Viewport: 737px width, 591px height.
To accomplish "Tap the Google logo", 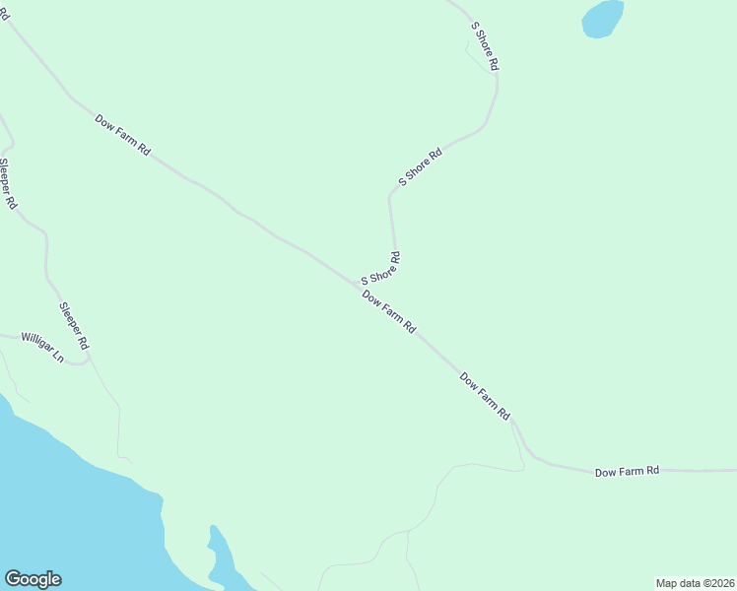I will point(33,579).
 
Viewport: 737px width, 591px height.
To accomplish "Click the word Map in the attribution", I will point(667,582).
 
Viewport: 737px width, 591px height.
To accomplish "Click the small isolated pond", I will point(603,19).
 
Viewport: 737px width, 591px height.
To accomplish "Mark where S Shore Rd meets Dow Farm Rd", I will point(358,284).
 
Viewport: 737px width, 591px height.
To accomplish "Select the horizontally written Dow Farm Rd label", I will point(627,472).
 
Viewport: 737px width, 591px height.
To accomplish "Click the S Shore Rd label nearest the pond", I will point(486,45).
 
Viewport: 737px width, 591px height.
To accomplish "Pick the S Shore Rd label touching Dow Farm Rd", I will point(380,268).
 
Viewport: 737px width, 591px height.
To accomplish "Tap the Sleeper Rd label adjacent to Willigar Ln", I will point(74,326).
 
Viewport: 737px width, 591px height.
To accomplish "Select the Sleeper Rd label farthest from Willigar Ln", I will point(8,183).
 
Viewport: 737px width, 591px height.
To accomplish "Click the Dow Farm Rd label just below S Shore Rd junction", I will point(388,310).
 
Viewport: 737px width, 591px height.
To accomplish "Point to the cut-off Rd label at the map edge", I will point(4,15).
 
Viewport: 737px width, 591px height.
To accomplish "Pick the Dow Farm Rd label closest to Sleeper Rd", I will point(122,135).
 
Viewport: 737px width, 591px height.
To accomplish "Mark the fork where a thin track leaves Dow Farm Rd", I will point(512,424).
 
